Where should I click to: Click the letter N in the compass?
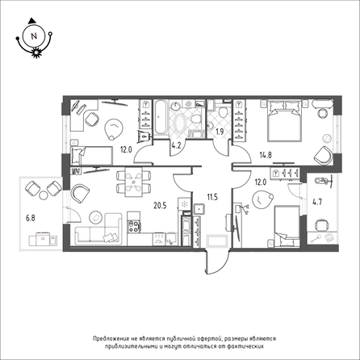coord(34,36)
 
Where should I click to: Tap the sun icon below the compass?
coord(36,52)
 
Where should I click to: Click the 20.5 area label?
coord(160,206)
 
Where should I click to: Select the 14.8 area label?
coord(266,155)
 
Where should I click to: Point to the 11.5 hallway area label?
coord(212,197)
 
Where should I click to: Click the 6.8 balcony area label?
coord(31,218)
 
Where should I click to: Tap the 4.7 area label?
coord(317,202)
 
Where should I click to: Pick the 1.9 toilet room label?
coord(220,132)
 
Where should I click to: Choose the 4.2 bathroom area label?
coord(176,148)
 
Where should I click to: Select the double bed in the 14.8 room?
coord(284,120)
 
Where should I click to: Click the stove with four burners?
coord(134,226)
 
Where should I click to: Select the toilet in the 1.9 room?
coord(223,111)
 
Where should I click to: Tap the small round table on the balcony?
coord(44,195)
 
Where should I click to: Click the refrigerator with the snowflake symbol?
coord(184,204)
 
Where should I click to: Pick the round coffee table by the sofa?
coord(95,218)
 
